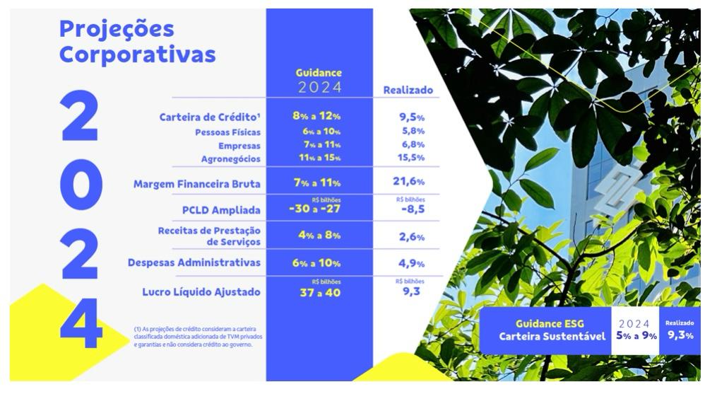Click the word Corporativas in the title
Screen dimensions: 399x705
click(138, 54)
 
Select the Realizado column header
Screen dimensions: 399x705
click(408, 91)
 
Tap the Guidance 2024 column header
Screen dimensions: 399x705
click(319, 81)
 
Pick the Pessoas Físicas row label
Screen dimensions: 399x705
click(227, 132)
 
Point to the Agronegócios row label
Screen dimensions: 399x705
click(230, 158)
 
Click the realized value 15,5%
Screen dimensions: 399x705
click(408, 158)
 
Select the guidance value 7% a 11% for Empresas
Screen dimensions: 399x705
click(316, 145)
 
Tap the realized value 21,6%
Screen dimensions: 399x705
click(408, 182)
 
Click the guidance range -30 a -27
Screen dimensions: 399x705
click(314, 209)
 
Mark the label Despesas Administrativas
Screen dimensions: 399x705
click(194, 262)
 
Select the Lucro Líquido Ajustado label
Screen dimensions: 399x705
click(201, 291)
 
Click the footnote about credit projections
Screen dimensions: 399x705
click(192, 336)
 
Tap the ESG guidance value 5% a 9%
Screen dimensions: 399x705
click(636, 335)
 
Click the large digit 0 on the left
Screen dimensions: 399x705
click(79, 184)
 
